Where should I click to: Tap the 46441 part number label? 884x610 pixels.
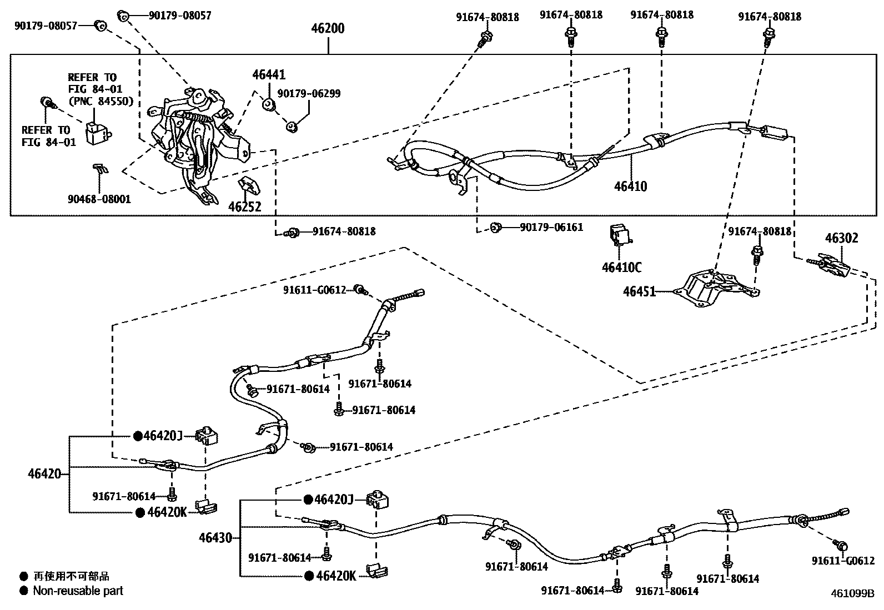269,74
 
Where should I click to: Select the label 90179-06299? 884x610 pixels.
317,94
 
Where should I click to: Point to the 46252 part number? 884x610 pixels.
244,206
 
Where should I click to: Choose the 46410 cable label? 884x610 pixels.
630,186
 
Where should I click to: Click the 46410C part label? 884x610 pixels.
621,267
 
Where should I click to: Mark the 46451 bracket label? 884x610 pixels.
639,291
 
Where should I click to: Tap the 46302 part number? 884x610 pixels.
841,238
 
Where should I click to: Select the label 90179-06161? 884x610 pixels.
551,227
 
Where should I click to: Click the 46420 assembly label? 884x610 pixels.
44,474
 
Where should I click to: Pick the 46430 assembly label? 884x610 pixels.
215,537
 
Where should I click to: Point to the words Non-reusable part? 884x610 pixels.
78,591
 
